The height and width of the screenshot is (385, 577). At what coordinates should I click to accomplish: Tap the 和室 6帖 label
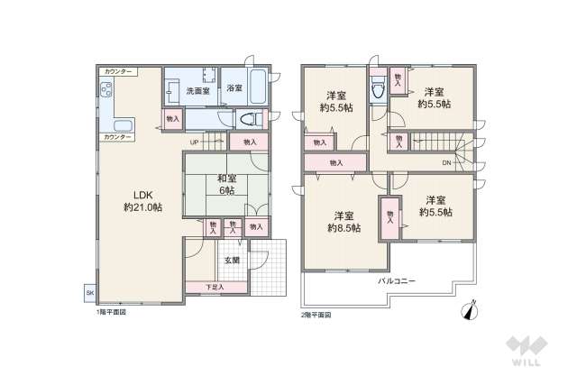[x=224, y=184]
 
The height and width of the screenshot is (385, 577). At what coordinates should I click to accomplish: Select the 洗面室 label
[x=197, y=90]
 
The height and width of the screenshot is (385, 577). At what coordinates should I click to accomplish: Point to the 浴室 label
[x=234, y=88]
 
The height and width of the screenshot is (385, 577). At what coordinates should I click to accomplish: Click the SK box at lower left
[x=89, y=294]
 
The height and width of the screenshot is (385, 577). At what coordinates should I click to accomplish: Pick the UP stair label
[x=195, y=142]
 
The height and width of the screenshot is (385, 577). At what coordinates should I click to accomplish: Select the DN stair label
[x=447, y=162]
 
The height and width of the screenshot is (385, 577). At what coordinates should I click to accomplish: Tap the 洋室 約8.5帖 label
[x=343, y=221]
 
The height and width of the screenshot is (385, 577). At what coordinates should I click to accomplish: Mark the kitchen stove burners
[x=105, y=89]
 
